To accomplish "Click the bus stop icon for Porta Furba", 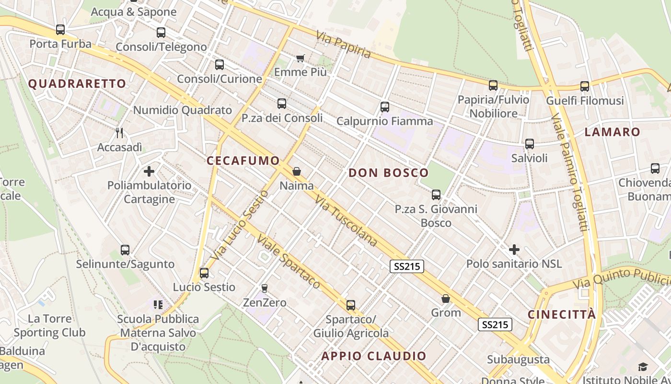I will point(60,30).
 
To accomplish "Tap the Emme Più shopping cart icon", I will point(301,58).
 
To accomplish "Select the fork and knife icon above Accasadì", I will point(119,133).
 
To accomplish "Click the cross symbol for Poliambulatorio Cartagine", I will point(149,171).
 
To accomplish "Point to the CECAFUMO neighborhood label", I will point(243,160).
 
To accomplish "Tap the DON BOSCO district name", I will point(389,173).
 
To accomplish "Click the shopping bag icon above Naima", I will point(297,171).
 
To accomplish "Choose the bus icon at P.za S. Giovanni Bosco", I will point(436,194).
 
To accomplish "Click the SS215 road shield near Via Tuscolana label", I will point(407,266).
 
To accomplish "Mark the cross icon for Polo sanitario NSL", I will point(514,250).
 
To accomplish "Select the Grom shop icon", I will point(446,299).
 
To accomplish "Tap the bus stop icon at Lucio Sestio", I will point(204,273).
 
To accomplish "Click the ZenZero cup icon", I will point(264,288).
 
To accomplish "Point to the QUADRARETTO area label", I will point(77,84).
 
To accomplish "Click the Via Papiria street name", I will point(344,44).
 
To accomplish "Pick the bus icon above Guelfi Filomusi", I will point(585,86).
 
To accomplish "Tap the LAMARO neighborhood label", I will point(613,132).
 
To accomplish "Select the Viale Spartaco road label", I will point(288,261).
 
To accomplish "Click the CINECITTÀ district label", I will point(562,314).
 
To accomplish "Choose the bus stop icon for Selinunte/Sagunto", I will point(125,250).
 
